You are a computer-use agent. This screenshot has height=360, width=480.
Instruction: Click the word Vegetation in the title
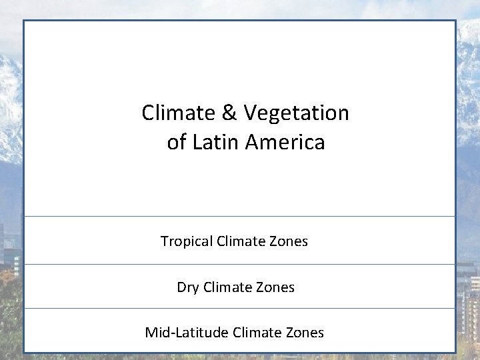click(297, 113)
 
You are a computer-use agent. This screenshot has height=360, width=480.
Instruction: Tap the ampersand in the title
click(229, 113)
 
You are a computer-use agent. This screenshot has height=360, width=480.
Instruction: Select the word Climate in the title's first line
click(178, 113)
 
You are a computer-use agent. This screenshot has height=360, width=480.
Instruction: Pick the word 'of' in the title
click(176, 142)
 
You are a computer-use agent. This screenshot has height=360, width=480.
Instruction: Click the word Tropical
click(187, 241)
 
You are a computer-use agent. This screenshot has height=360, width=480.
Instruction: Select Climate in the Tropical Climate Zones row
click(242, 241)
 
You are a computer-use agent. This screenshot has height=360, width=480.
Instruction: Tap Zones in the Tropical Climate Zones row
click(289, 241)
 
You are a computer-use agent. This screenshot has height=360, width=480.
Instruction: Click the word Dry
click(187, 288)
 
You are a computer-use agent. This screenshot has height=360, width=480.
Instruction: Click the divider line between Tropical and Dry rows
click(240, 264)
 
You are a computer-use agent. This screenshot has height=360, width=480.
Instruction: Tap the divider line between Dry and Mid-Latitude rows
click(240, 308)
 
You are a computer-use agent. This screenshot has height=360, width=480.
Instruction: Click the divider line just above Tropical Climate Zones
click(240, 216)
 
